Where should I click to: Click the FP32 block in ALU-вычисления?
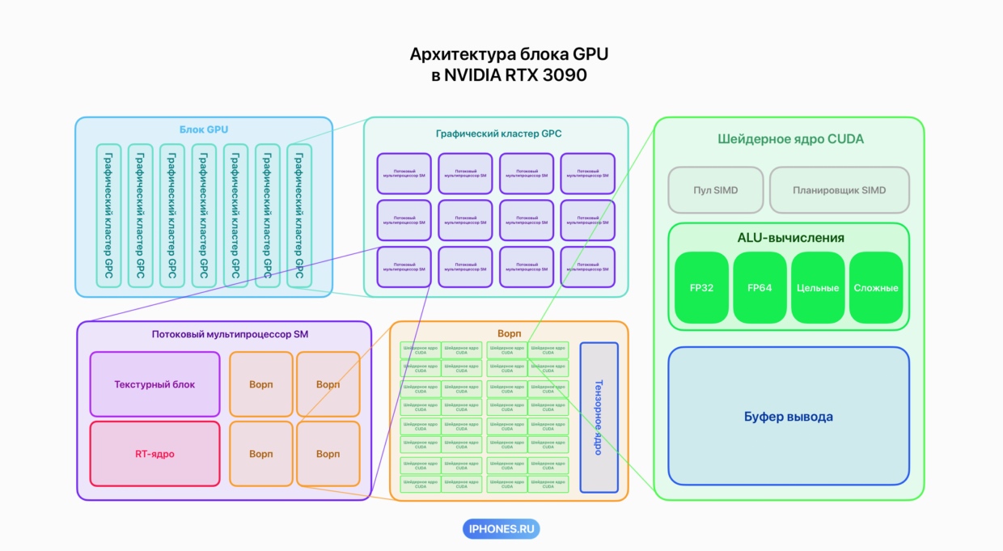coord(701,288)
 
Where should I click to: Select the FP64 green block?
coord(760,288)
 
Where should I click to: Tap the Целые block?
coord(818,288)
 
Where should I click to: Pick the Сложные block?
coord(876,288)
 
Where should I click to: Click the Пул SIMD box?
coord(716,190)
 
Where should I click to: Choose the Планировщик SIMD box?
coord(839,190)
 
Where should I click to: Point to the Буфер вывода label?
coord(788,417)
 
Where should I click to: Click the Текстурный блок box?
coord(154,384)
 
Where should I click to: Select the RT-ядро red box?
coord(154,454)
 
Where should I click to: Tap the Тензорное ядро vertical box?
coord(599,417)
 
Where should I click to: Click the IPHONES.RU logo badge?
coord(501,529)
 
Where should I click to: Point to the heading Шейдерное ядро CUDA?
coord(790,139)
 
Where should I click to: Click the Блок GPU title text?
coord(204,129)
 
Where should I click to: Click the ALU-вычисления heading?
coord(790,238)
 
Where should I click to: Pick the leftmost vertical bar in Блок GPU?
coord(108,215)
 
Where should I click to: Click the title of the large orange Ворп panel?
coord(510,333)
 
